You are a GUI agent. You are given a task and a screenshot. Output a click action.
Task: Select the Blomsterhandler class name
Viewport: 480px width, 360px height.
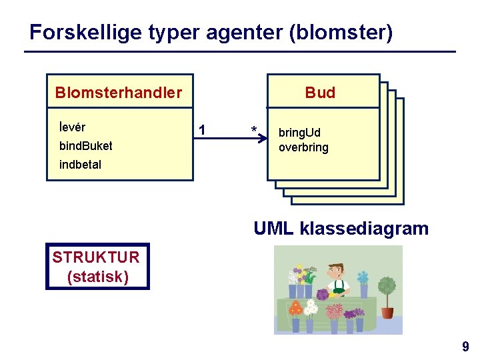pos(119,93)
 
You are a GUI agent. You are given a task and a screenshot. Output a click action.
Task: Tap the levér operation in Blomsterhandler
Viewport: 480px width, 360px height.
pos(72,127)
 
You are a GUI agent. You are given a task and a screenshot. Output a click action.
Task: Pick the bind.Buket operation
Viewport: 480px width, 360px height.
pos(85,146)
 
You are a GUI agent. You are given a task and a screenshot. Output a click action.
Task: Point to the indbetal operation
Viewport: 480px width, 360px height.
pos(80,165)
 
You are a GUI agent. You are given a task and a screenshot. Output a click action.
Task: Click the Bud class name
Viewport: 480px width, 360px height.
pos(320,93)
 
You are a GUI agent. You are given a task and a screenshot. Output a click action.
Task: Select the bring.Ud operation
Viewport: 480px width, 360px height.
pos(299,133)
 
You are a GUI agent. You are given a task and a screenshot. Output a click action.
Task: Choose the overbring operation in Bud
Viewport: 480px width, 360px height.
pos(303,147)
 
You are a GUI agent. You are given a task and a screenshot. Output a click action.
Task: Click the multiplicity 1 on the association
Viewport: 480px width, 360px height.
pos(203,129)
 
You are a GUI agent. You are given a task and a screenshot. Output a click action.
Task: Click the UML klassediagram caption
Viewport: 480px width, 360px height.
pos(341,229)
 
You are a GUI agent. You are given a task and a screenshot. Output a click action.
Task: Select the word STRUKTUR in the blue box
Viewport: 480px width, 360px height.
pos(96,257)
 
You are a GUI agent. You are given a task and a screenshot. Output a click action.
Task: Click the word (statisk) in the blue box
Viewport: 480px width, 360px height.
pos(97,276)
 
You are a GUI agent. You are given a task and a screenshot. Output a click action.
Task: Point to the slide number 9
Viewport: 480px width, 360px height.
pos(465,347)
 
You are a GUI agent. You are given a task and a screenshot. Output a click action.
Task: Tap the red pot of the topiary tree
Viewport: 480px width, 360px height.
pos(387,312)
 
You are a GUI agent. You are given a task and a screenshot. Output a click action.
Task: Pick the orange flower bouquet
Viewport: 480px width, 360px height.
pos(295,309)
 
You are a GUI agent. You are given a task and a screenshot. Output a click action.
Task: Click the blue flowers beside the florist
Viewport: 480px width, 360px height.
pos(363,277)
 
